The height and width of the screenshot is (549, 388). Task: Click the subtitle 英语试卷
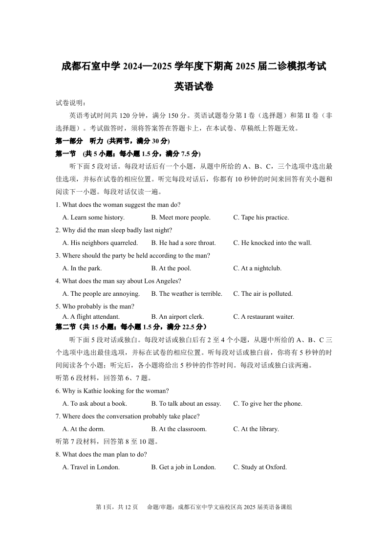(x=194, y=87)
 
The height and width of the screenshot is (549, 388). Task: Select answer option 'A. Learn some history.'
(x=94, y=218)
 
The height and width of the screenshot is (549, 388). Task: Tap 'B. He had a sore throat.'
(x=183, y=243)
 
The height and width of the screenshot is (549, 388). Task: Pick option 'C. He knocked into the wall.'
(x=272, y=243)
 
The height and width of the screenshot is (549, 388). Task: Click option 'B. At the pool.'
(x=171, y=268)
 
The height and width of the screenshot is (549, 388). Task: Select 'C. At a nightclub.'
(x=258, y=268)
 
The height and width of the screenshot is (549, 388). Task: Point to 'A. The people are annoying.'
(x=101, y=294)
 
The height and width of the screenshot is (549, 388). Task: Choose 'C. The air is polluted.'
(x=263, y=294)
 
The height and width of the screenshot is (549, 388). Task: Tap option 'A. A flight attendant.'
(x=91, y=317)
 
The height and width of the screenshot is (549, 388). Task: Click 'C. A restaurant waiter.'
(x=264, y=317)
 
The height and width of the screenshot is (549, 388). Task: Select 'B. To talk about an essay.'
(x=186, y=404)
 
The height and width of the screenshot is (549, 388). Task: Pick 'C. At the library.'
(x=256, y=429)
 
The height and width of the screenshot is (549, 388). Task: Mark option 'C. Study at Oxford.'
(x=260, y=467)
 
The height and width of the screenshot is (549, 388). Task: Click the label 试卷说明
(x=71, y=103)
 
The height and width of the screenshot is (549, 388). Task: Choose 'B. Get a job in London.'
(x=183, y=467)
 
